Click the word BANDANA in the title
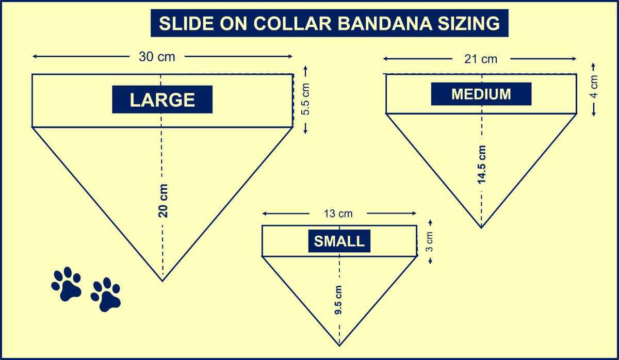(385, 23)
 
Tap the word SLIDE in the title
(186, 23)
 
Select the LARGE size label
(162, 100)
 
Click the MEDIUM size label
(481, 94)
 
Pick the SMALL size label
(339, 241)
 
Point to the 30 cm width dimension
(157, 57)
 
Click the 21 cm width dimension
(481, 59)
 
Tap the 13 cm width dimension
(338, 214)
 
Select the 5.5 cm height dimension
(305, 99)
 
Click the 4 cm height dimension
(594, 87)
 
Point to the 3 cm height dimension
(430, 242)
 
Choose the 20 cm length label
(163, 201)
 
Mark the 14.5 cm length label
(482, 165)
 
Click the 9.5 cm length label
(338, 300)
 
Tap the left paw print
(67, 284)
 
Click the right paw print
(106, 294)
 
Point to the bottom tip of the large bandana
(162, 281)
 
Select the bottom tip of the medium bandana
(481, 228)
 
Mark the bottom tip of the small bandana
(339, 346)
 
